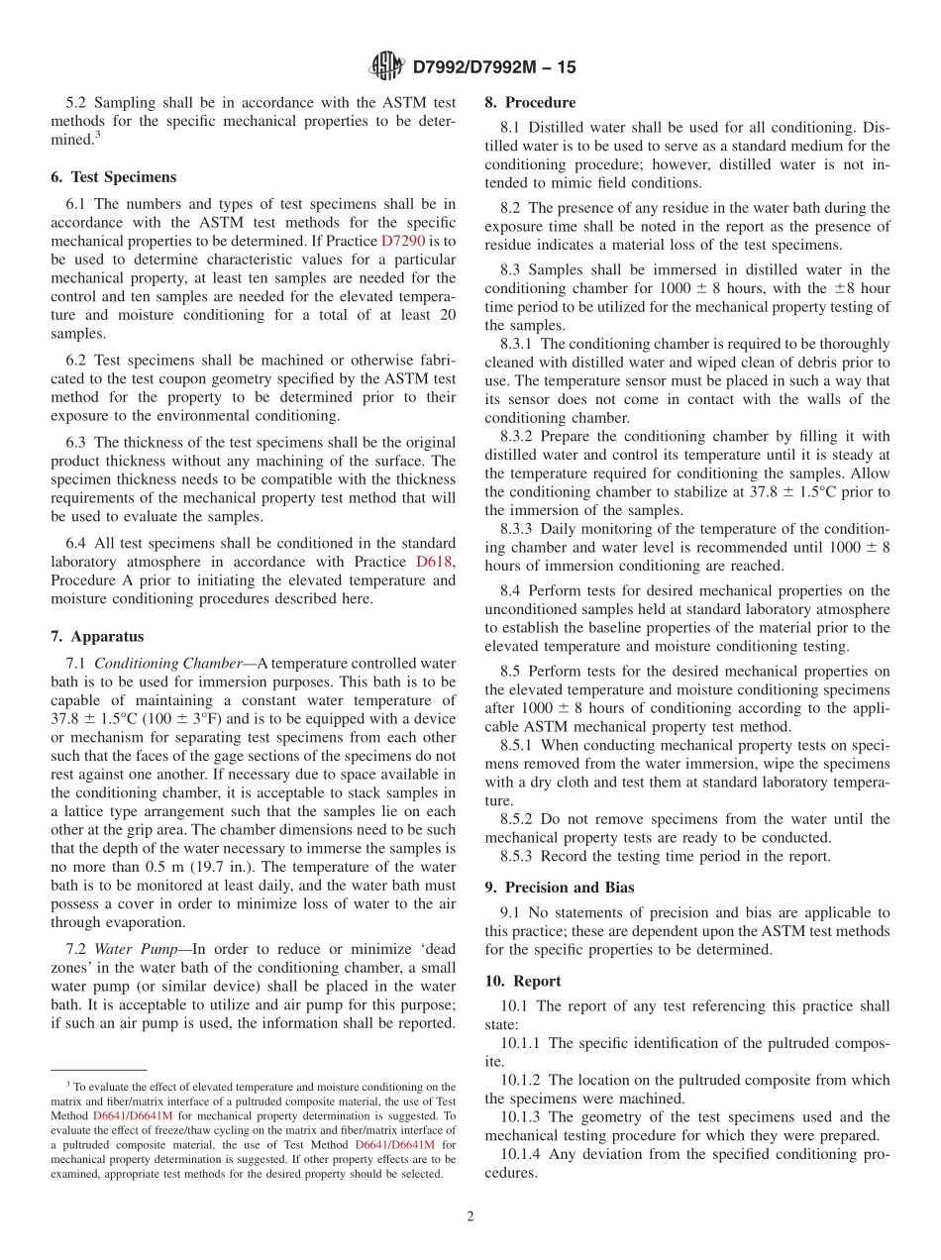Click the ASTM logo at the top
pyautogui.click(x=386, y=66)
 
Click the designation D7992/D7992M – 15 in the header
pyautogui.click(x=493, y=67)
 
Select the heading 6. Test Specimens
pyautogui.click(x=113, y=177)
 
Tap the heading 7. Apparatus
pyautogui.click(x=97, y=637)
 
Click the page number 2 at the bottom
pyautogui.click(x=470, y=1216)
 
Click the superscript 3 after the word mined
pyautogui.click(x=97, y=135)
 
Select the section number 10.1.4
pyautogui.click(x=523, y=1155)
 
